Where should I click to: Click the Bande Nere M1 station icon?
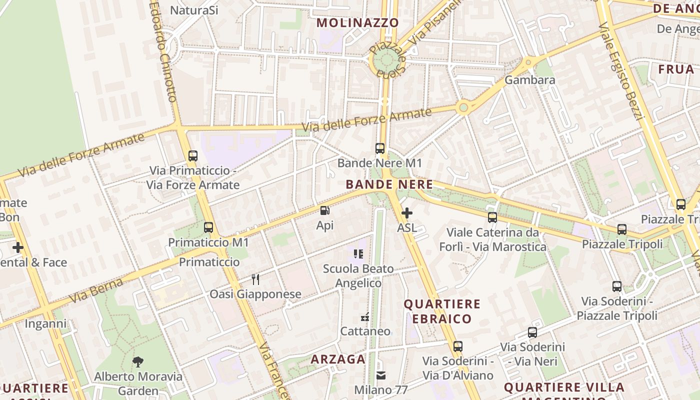tap(380, 148)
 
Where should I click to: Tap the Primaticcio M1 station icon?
tap(208, 227)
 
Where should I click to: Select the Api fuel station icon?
tap(324, 211)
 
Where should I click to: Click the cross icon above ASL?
tap(407, 213)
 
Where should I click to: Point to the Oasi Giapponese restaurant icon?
tap(255, 279)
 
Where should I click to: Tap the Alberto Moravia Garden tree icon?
tap(138, 361)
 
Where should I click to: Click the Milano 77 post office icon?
tap(381, 375)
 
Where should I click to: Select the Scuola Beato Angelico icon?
tap(358, 254)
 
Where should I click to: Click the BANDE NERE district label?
tap(389, 184)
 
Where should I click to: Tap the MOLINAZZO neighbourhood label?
tap(357, 22)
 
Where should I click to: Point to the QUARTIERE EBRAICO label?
tap(442, 311)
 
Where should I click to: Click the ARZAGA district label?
tap(338, 359)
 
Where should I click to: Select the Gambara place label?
tap(530, 80)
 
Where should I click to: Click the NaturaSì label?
tap(194, 10)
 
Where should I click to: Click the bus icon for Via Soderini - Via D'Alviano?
tap(458, 346)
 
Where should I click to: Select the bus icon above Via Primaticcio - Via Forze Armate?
tap(193, 155)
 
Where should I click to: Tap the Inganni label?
tap(45, 324)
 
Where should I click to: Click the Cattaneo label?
tap(365, 331)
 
